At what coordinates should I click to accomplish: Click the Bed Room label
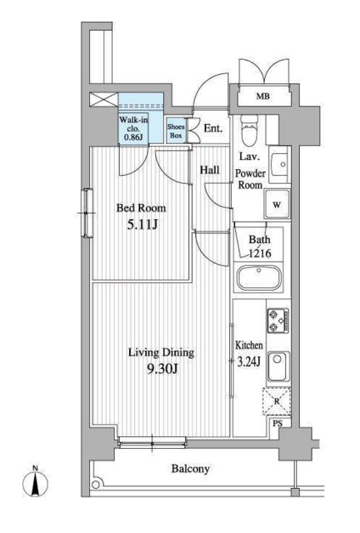coord(141,207)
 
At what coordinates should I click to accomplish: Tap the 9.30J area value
coord(162,369)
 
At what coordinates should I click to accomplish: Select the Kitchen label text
coord(249,346)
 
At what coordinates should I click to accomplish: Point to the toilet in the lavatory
coord(249,129)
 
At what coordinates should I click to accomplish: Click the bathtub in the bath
coord(259,277)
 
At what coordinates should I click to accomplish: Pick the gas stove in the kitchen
coord(278,321)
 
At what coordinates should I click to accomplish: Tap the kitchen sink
coord(278,367)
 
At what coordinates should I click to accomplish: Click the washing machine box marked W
coord(277,204)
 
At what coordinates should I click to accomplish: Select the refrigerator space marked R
coord(277,401)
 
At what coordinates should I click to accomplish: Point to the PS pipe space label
coord(278,424)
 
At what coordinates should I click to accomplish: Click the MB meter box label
coord(263,97)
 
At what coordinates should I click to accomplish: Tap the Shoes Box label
coord(176,132)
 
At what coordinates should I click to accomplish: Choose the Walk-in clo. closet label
coord(133,128)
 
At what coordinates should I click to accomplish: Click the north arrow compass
coord(35,483)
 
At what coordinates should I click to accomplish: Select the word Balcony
coord(190,469)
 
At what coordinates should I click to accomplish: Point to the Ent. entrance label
coord(213,128)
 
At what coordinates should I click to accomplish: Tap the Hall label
coord(210,170)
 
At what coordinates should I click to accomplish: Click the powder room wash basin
coord(280,165)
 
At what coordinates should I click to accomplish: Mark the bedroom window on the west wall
coord(87,213)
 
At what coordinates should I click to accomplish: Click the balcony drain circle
coord(97,485)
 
